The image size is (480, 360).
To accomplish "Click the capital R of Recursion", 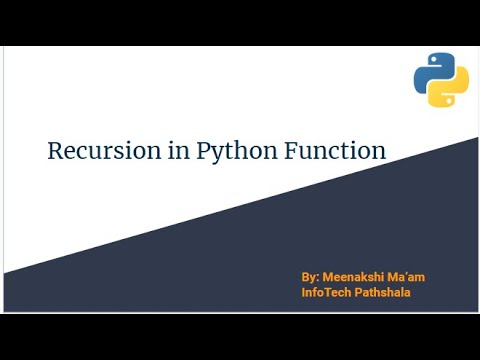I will pyautogui.click(x=56, y=151).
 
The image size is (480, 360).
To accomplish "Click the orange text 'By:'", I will pyautogui.click(x=310, y=275).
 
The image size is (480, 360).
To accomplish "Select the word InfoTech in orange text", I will pyautogui.click(x=326, y=292).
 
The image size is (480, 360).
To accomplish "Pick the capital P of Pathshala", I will pyautogui.click(x=359, y=292).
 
